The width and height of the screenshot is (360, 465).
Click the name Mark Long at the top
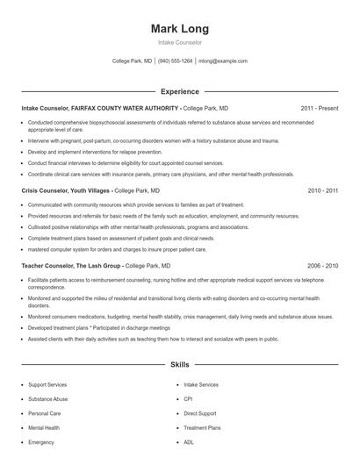[x=180, y=29]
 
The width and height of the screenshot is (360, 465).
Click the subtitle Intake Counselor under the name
[x=180, y=42]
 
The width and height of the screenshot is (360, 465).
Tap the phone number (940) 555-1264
[x=175, y=61]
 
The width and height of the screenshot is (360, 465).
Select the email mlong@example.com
[x=223, y=61]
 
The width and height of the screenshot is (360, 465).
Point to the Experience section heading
[x=179, y=91]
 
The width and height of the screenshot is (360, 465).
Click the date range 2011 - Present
[x=319, y=108]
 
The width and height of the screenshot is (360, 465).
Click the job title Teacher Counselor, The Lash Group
[x=70, y=264]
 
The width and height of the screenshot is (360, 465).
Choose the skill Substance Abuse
[x=47, y=399]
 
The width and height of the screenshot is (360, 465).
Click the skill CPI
[x=189, y=399]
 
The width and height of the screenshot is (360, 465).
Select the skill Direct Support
[x=199, y=413]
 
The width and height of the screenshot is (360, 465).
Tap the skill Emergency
[x=41, y=442]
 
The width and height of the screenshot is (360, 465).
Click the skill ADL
[x=189, y=442]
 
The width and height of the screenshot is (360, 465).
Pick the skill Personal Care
[x=44, y=413]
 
